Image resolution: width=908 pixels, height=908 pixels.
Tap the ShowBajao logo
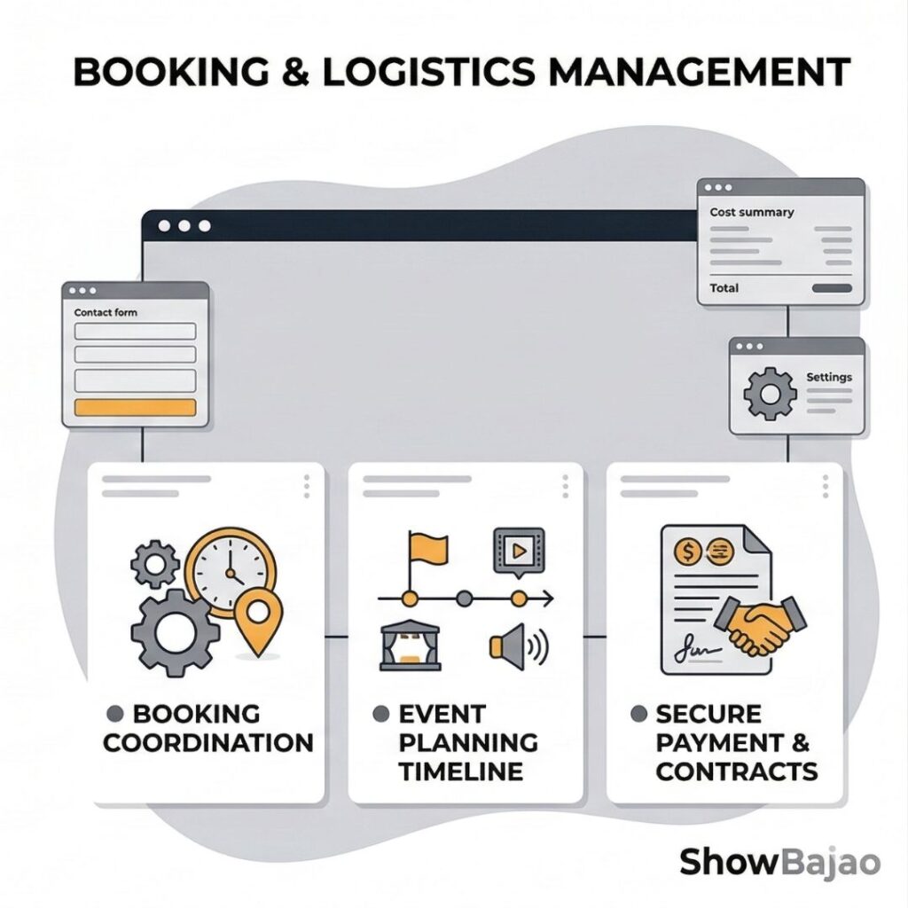[x=779, y=861]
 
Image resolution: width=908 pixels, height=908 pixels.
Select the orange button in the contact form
[x=135, y=408]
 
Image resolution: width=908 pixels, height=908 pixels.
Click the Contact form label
[x=106, y=312]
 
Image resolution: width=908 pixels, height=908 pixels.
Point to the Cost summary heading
[x=752, y=213]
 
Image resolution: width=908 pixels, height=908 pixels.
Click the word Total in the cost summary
[x=724, y=288]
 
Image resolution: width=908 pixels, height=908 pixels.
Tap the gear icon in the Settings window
[x=769, y=393]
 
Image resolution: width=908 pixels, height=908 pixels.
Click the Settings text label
[x=828, y=377]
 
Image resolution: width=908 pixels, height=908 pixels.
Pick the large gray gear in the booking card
[x=175, y=632]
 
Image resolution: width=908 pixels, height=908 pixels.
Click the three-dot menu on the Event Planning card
[x=565, y=485]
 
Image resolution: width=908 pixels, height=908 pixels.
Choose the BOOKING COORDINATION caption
[x=207, y=728]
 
